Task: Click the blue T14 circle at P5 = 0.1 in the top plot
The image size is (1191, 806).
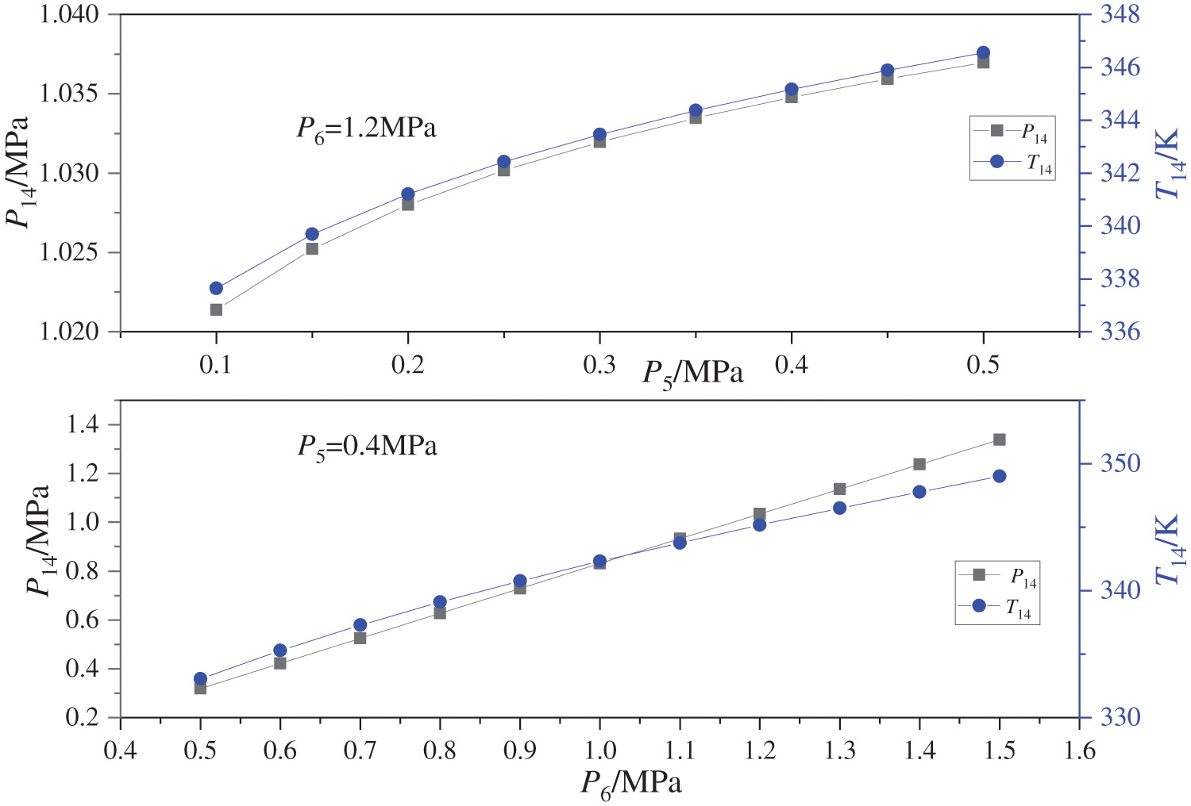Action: [216, 288]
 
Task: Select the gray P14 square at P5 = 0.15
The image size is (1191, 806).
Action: [312, 248]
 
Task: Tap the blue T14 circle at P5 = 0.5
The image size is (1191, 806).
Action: [983, 53]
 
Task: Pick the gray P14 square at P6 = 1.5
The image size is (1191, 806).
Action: [999, 439]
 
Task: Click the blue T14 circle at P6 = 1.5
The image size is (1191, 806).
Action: [999, 476]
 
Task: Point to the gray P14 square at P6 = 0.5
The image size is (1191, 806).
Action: [200, 688]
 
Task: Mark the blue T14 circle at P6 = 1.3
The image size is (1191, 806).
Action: [839, 508]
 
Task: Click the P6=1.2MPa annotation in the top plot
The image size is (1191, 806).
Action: [366, 128]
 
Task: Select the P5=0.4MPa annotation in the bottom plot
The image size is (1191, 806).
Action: [367, 447]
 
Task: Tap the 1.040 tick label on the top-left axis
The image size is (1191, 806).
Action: [69, 14]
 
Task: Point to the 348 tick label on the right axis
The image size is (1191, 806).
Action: [1119, 14]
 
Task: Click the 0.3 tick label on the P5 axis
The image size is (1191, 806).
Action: [599, 364]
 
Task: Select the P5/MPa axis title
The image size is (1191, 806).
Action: [692, 372]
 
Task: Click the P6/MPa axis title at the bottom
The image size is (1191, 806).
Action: [631, 784]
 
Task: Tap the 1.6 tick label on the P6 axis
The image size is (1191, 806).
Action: [1078, 750]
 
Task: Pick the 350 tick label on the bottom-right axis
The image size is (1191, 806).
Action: [1119, 462]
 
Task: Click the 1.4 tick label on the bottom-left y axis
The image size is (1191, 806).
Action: [83, 425]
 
